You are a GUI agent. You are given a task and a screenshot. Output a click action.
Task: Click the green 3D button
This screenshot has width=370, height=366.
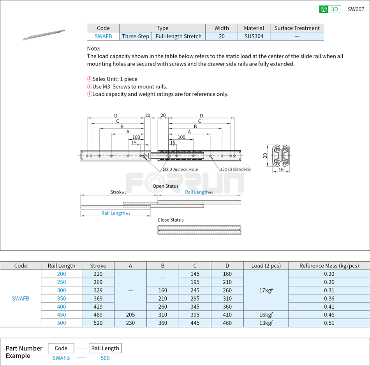[x=330, y=9]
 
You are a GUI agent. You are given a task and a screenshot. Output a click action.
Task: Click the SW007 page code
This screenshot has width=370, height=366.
[x=356, y=9]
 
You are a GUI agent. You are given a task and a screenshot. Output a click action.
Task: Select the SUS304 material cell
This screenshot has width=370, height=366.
[x=254, y=36]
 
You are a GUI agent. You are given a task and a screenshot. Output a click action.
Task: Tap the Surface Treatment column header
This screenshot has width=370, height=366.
[x=297, y=28]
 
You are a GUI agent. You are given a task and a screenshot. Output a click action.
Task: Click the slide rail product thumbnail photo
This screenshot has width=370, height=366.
[x=44, y=35]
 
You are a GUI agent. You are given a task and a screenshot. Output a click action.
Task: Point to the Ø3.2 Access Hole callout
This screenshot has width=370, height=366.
[x=180, y=169]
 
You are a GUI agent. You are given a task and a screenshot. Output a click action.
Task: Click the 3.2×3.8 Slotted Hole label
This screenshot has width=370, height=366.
[x=235, y=169]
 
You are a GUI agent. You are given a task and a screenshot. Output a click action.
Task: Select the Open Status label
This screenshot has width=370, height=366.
[x=166, y=186]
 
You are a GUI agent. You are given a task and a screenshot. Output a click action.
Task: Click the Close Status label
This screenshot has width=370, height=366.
[x=171, y=220]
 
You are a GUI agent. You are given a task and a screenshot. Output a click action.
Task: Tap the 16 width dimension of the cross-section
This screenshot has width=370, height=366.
[x=281, y=170]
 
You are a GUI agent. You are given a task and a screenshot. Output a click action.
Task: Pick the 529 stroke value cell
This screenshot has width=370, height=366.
[x=98, y=323]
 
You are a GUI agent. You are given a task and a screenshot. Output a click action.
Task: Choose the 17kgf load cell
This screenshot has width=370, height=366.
[x=266, y=290]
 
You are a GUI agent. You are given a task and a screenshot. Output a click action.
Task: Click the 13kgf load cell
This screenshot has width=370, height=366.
[x=266, y=323]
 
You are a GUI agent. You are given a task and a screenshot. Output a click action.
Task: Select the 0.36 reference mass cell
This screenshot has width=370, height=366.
[x=329, y=298]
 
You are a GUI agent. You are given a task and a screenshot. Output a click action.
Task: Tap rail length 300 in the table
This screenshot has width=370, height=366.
[x=62, y=290]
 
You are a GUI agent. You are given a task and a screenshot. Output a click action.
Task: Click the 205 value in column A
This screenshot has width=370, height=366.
[x=130, y=315]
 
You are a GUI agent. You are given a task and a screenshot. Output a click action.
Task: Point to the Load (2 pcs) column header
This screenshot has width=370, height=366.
[x=266, y=266]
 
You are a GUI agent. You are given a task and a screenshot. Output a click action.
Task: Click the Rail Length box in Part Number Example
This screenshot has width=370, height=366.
[x=105, y=348]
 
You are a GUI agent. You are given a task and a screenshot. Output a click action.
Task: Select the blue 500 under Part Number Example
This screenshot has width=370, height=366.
[x=105, y=358]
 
